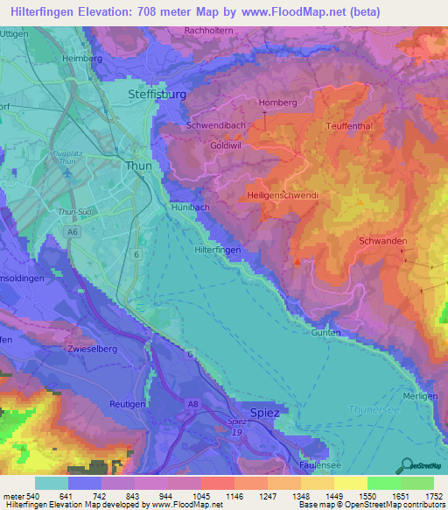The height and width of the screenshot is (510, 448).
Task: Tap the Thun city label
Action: click(138, 165)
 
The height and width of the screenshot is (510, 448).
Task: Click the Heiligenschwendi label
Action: click(281, 194)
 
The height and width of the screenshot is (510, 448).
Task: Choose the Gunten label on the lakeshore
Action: click(325, 333)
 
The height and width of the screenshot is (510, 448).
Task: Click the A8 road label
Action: click(192, 404)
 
